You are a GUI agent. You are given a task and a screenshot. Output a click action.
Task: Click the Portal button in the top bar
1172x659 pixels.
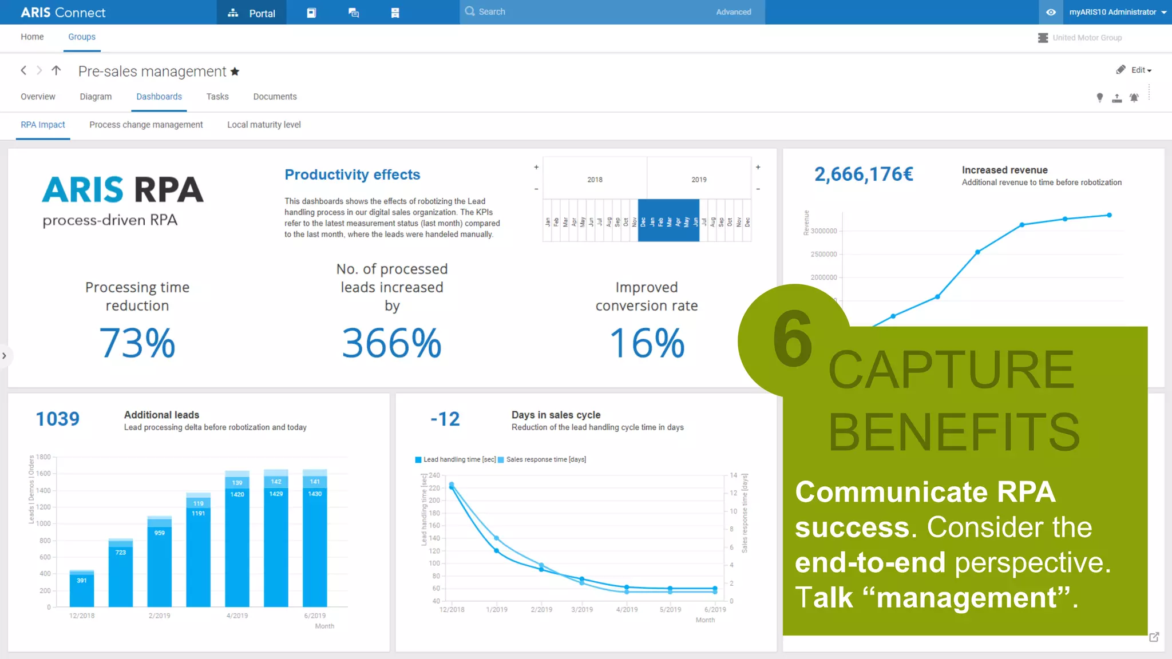click(251, 13)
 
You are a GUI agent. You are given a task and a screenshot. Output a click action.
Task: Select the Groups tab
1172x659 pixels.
click(82, 37)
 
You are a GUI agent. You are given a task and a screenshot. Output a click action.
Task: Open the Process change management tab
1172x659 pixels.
click(146, 125)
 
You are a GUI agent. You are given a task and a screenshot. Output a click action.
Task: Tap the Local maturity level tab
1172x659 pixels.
click(264, 125)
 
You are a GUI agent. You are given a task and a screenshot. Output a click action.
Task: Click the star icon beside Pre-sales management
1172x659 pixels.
click(235, 72)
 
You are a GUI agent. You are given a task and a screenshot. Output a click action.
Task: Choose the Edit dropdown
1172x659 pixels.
click(1140, 70)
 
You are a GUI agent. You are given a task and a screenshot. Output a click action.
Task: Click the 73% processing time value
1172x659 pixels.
click(137, 343)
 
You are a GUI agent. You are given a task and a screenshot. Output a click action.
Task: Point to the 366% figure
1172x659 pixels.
click(391, 343)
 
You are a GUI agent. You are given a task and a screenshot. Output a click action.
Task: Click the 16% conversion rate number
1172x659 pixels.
click(647, 343)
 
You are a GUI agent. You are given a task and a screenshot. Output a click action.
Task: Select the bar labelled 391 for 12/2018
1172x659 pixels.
click(82, 589)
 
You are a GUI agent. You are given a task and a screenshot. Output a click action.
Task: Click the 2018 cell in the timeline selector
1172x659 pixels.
click(595, 179)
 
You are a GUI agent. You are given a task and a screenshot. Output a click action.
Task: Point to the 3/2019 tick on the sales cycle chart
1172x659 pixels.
click(582, 609)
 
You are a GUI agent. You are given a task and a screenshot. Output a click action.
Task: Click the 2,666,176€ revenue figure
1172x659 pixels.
click(864, 174)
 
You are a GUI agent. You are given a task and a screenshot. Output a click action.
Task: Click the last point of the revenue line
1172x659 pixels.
click(1109, 215)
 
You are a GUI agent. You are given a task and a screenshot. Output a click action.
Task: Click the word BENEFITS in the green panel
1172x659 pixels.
click(954, 432)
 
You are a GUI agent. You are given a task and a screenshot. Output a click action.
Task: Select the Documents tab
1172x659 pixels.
click(275, 97)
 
